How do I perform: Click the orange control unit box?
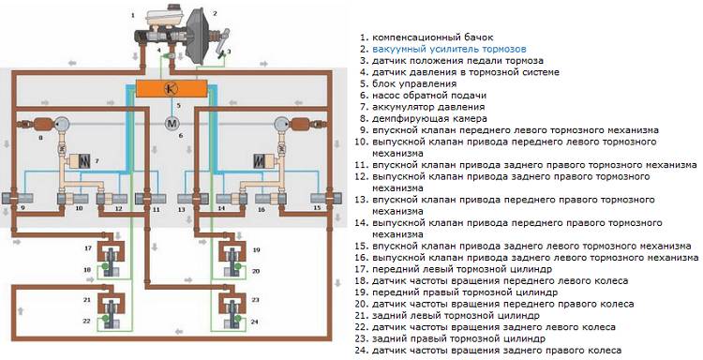pos(170,88)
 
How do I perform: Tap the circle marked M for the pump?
pos(171,123)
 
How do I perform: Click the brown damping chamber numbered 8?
pos(42,125)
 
